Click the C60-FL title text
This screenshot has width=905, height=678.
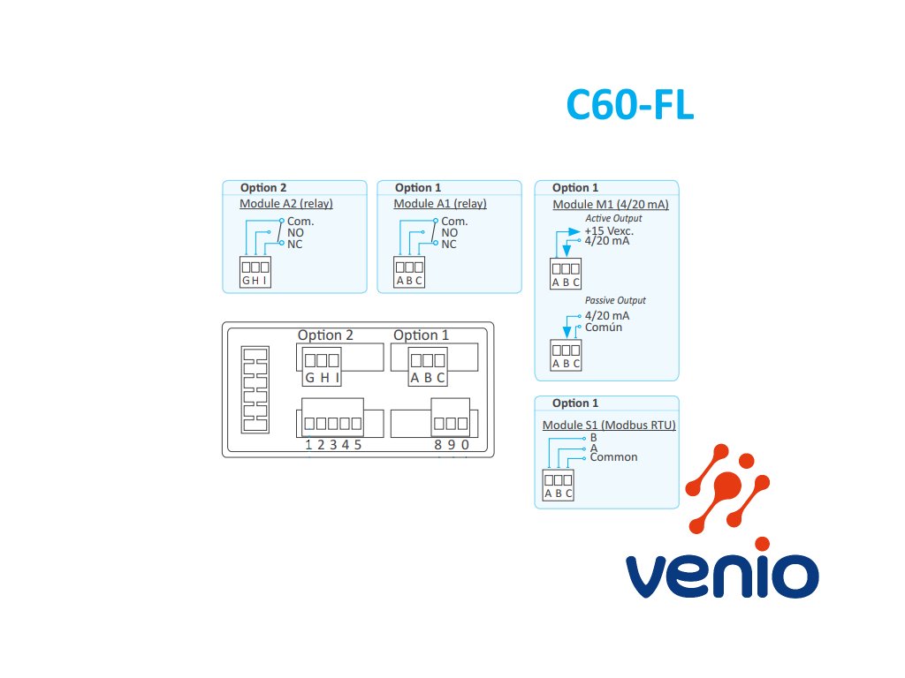629,105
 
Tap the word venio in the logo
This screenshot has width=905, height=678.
722,576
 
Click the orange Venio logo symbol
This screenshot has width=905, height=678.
727,488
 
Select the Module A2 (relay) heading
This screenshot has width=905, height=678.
286,204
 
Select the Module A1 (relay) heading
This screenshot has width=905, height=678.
440,204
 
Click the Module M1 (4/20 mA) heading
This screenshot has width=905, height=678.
611,204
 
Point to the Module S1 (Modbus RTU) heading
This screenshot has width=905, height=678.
609,425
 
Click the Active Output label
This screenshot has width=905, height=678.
613,219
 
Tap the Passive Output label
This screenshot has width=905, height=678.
615,300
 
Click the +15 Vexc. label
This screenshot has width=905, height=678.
609,231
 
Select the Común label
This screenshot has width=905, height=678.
604,328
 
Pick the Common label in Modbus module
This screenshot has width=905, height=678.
613,457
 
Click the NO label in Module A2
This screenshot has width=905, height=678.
295,233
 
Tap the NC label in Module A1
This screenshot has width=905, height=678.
449,245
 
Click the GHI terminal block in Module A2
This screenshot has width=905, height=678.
255,272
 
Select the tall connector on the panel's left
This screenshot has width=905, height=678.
255,389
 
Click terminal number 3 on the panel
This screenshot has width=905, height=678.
333,445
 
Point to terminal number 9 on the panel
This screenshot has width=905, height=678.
452,445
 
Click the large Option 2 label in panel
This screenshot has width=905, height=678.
325,335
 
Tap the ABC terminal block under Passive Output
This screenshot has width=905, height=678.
566,355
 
